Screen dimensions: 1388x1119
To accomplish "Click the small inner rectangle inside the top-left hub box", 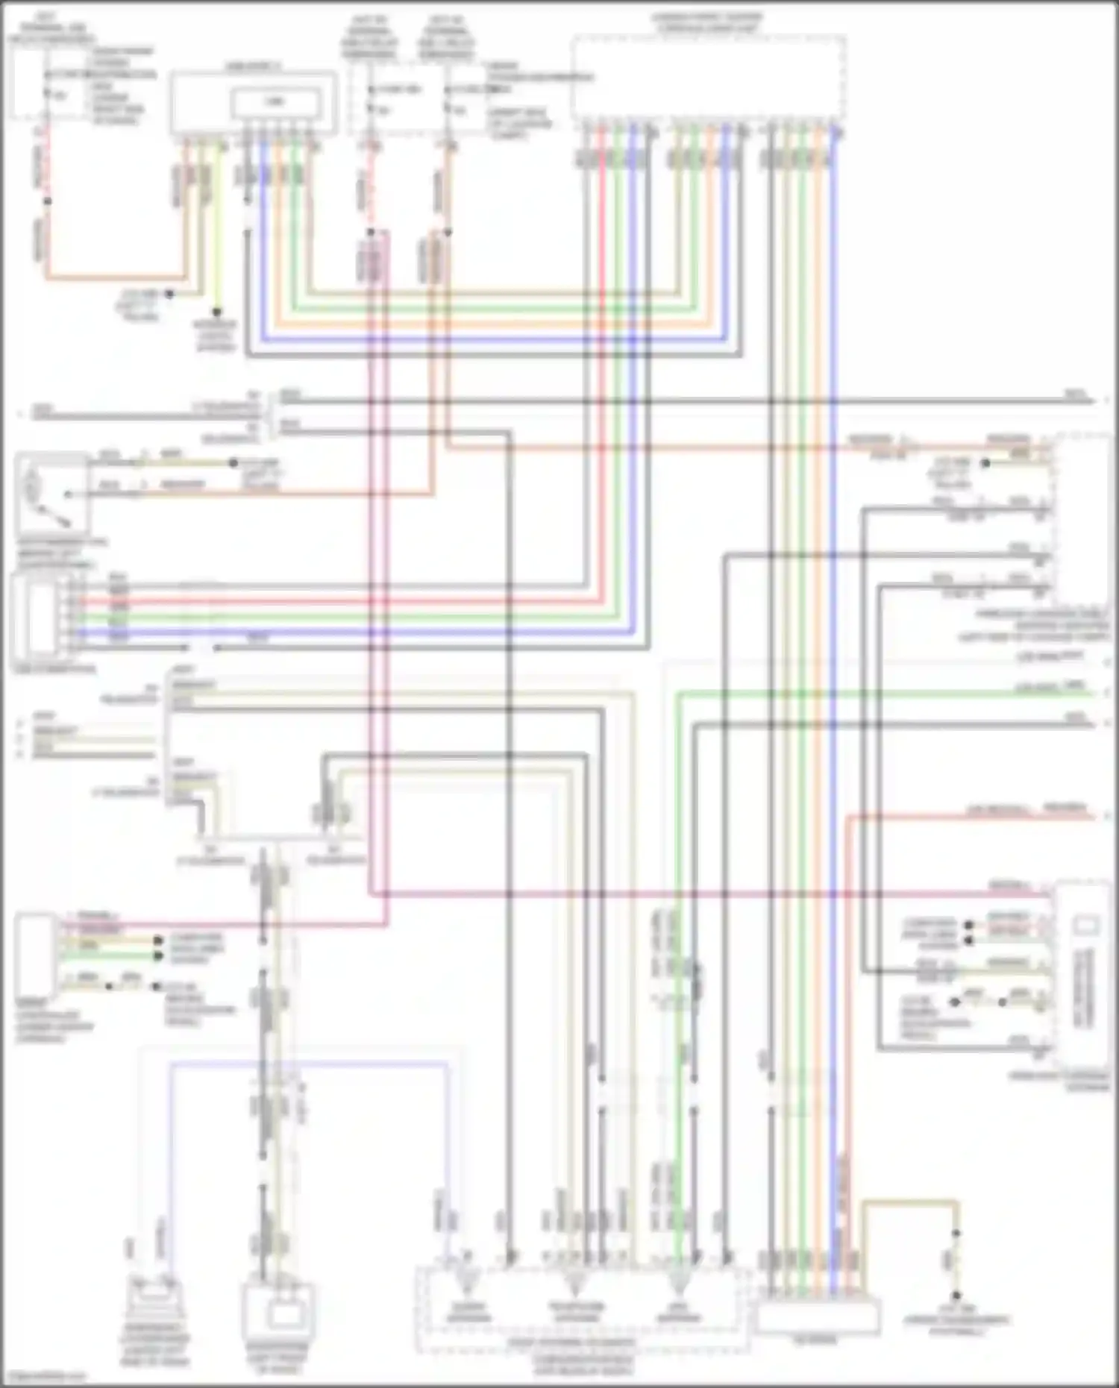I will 277,102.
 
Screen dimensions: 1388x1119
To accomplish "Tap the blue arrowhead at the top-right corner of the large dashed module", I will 839,132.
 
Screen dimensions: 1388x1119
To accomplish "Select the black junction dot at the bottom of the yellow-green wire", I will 218,312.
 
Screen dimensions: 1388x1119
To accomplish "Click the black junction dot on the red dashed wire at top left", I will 47,201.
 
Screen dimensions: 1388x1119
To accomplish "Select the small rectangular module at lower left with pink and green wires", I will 34,955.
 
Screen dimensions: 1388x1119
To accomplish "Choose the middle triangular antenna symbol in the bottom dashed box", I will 574,1282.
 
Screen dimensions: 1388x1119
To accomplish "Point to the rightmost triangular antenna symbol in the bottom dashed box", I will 677,1282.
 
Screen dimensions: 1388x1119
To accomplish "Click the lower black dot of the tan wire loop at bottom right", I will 956,1296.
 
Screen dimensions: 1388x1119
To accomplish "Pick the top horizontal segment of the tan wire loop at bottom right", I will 910,1202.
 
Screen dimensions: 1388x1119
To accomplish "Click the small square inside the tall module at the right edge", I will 1083,926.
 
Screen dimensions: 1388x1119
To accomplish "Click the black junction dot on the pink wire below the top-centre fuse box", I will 371,233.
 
